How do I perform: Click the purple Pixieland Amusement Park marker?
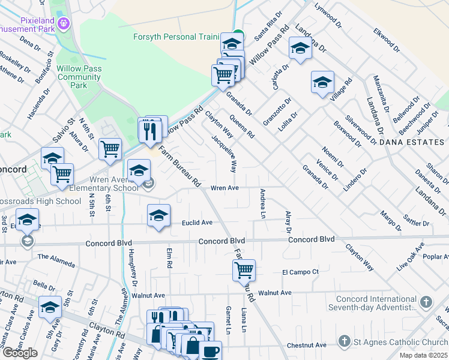tap(64, 23)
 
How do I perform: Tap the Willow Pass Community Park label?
tap(79, 77)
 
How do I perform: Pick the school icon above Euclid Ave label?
tap(158, 215)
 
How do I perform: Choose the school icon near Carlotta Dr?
tap(300, 48)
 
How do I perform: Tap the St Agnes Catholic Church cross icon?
tap(344, 341)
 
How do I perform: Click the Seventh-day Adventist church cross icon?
tap(426, 302)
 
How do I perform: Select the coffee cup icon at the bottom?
tap(210, 351)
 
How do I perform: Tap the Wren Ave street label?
tap(224, 188)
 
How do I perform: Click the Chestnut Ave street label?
tap(306, 345)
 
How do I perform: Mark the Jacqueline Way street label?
tap(224, 154)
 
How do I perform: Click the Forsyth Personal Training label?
tap(176, 37)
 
